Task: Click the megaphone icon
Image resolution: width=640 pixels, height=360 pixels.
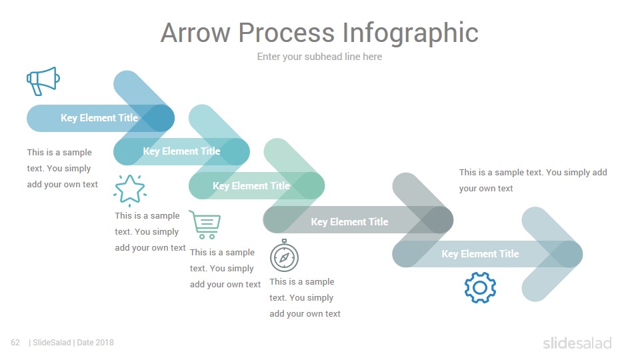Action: [43, 81]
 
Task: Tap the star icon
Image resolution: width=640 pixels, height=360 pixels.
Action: [130, 190]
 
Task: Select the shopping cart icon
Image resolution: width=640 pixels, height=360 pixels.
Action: [205, 225]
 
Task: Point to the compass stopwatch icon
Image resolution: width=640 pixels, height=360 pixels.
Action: [284, 256]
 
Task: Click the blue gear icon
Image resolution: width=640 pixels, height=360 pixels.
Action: [480, 288]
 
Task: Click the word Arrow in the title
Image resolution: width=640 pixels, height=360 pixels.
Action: [195, 33]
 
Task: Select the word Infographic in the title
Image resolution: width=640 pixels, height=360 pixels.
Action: [410, 33]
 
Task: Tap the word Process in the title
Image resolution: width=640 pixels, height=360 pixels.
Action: [287, 33]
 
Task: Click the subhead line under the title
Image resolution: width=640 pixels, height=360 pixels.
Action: [319, 57]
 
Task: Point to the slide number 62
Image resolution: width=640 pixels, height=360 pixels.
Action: [15, 343]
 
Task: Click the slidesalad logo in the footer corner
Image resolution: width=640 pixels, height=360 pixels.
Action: [577, 343]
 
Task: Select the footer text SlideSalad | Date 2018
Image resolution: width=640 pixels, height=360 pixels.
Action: [71, 343]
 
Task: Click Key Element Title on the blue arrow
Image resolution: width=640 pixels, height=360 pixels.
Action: [99, 118]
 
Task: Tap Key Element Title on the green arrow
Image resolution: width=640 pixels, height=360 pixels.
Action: [251, 186]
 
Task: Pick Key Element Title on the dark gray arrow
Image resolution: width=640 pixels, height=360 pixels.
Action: [349, 222]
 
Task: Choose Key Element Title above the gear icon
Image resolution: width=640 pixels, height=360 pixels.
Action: [480, 254]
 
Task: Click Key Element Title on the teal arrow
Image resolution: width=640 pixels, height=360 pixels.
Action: [181, 151]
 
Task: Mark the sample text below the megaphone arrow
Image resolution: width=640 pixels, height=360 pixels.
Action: [63, 168]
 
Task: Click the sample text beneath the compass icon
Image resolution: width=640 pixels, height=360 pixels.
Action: [305, 297]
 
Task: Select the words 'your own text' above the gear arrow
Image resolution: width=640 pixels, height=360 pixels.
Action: [486, 189]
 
